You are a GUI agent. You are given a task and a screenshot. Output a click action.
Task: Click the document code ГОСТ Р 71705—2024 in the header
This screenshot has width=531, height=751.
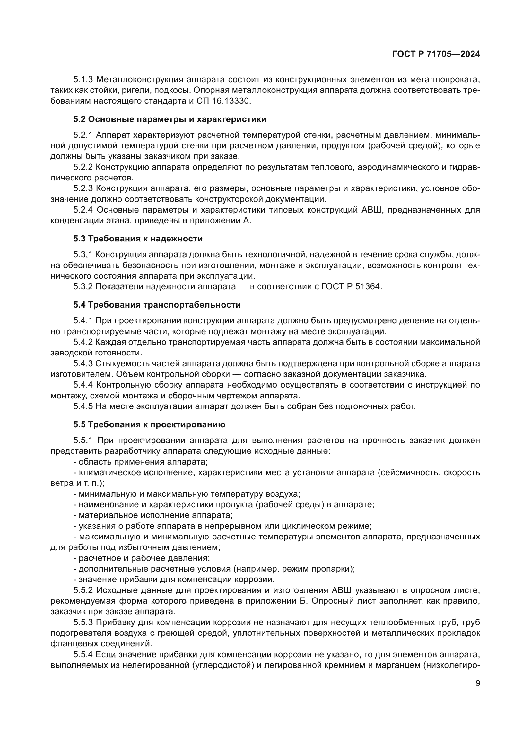[436, 54]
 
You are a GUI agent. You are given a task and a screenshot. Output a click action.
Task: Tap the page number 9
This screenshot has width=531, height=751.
[478, 683]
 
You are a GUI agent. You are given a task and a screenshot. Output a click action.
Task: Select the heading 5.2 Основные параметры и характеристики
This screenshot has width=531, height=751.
[170, 119]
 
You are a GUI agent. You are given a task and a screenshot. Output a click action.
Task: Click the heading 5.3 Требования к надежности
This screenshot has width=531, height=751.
[138, 239]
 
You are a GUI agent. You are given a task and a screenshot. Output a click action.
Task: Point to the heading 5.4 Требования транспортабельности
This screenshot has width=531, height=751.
[157, 305]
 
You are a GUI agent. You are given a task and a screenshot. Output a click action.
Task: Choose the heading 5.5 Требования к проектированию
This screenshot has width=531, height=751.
[149, 424]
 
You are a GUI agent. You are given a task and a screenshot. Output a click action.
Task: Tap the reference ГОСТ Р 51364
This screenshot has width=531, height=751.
[352, 287]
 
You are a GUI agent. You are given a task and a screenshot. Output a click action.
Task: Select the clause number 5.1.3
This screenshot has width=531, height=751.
[83, 80]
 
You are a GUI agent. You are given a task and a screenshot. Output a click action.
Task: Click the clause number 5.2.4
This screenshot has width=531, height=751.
[83, 210]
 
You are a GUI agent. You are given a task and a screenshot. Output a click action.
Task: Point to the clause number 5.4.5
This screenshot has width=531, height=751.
[83, 406]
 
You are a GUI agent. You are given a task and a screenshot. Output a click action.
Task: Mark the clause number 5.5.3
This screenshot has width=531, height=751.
[83, 623]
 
